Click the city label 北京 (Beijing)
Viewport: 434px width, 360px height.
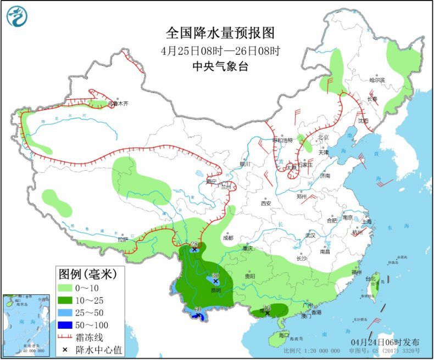(x=322, y=137)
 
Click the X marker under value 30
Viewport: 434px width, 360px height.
(x=215, y=281)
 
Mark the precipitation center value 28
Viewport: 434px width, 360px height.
(x=193, y=244)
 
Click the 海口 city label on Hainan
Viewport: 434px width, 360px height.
(x=283, y=335)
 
